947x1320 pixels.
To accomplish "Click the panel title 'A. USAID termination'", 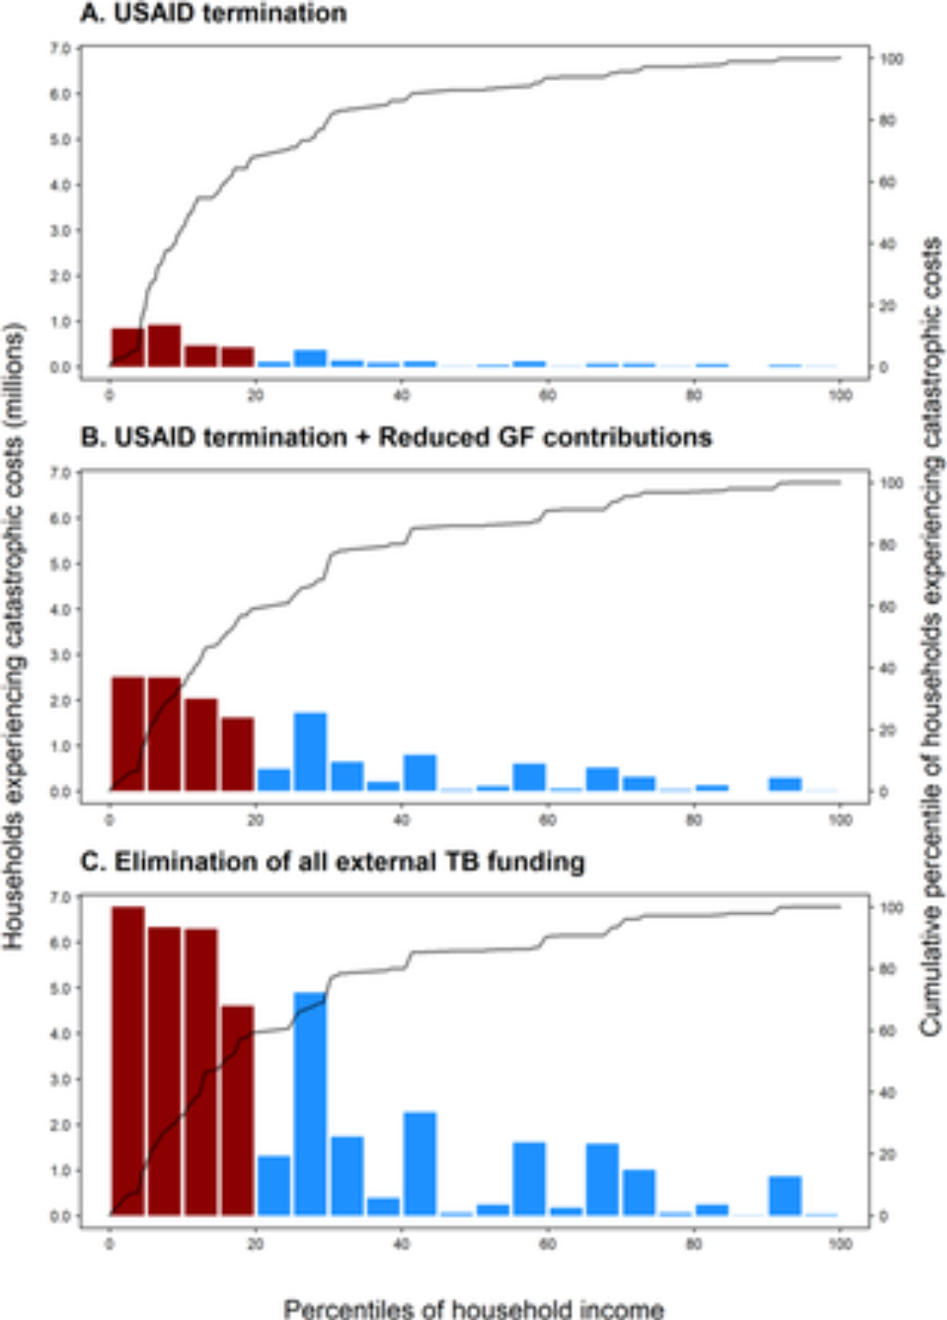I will [x=213, y=13].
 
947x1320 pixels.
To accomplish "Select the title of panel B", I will [x=396, y=437].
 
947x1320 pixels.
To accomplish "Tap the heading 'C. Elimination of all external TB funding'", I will [x=333, y=862].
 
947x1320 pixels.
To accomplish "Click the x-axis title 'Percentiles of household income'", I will [x=473, y=1307].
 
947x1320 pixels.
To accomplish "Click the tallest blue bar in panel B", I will [x=310, y=751].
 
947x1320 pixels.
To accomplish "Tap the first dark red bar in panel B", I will [x=128, y=734].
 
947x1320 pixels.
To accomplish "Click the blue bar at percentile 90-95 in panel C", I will [x=785, y=1195].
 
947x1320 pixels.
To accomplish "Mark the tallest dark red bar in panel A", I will [x=164, y=345].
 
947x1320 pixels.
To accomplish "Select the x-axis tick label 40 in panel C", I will [x=401, y=1245].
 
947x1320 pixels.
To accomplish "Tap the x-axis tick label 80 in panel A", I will [x=693, y=396].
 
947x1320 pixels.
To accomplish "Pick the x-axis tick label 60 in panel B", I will [x=547, y=820].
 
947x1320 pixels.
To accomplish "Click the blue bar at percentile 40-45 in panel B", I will [x=420, y=773].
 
